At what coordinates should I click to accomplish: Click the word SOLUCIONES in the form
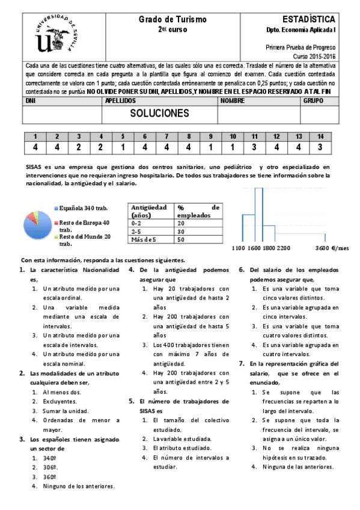click(159, 113)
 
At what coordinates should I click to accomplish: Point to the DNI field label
click(31, 101)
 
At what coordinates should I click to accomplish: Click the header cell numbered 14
click(320, 137)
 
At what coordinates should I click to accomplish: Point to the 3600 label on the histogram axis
click(323, 248)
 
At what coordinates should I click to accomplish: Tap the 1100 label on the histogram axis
click(239, 248)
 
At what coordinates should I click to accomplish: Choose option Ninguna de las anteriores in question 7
click(298, 467)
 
